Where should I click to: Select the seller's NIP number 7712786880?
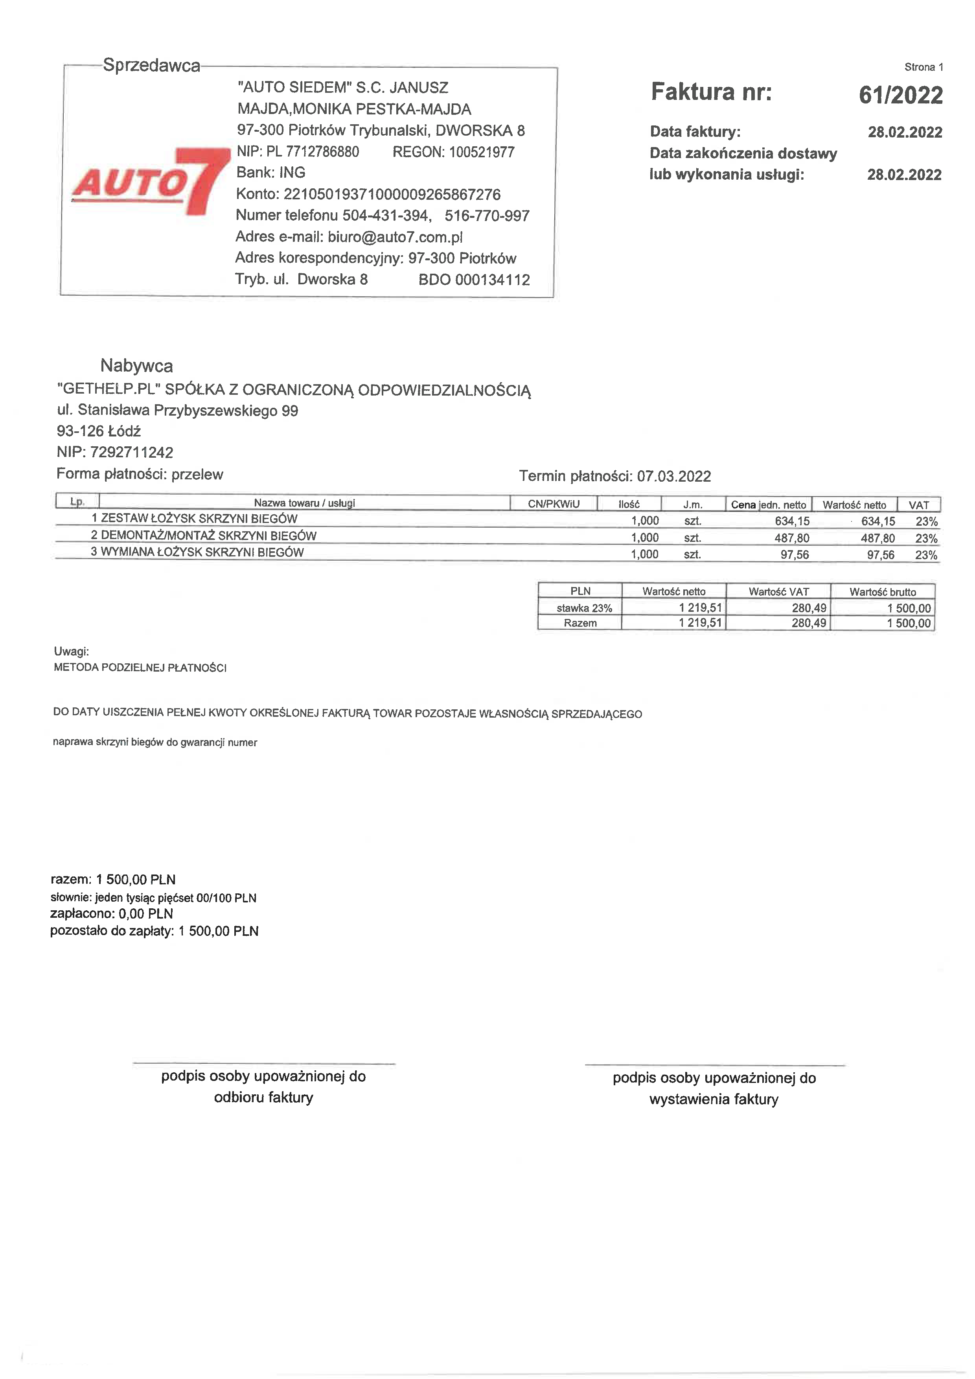(x=322, y=152)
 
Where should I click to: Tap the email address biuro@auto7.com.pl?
(x=395, y=237)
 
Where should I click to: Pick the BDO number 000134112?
(x=492, y=280)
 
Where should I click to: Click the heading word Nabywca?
(x=136, y=365)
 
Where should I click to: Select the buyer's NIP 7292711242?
(x=131, y=452)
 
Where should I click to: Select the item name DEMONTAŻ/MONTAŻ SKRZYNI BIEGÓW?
(x=208, y=536)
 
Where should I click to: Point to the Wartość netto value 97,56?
(x=880, y=555)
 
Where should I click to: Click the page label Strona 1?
(x=923, y=67)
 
